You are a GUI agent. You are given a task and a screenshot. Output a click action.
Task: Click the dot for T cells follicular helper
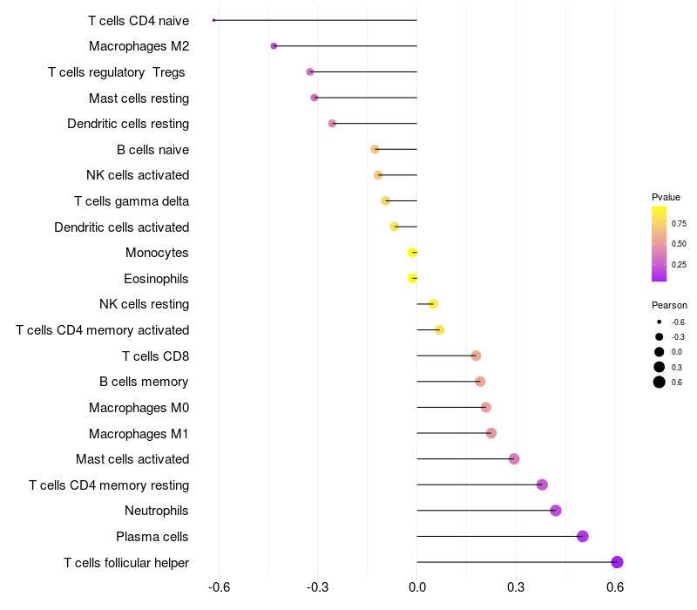pyautogui.click(x=617, y=562)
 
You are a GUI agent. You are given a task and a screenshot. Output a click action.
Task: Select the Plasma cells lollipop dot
pyautogui.click(x=583, y=536)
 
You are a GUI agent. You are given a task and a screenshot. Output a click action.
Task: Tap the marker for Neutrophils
pyautogui.click(x=556, y=511)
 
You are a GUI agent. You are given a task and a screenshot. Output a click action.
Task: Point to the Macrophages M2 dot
pyautogui.click(x=274, y=46)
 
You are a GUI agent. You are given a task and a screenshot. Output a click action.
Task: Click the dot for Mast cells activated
pyautogui.click(x=514, y=459)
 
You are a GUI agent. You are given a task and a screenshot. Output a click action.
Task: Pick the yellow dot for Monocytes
pyautogui.click(x=413, y=253)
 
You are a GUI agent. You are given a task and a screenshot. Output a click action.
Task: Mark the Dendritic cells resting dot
pyautogui.click(x=332, y=124)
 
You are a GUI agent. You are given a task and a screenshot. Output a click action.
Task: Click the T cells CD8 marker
pyautogui.click(x=476, y=356)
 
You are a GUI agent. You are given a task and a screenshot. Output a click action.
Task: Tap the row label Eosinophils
pyautogui.click(x=157, y=279)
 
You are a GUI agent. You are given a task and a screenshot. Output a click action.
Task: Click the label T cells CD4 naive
pyautogui.click(x=139, y=20)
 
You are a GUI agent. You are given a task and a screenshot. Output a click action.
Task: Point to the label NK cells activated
pyautogui.click(x=138, y=175)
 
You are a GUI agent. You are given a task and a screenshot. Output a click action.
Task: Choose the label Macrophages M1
pyautogui.click(x=139, y=433)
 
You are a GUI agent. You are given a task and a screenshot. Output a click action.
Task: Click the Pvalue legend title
pyautogui.click(x=666, y=197)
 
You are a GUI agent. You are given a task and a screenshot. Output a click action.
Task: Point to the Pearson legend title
pyautogui.click(x=669, y=306)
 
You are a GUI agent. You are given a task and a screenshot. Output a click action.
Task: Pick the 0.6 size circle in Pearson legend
pyautogui.click(x=660, y=382)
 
